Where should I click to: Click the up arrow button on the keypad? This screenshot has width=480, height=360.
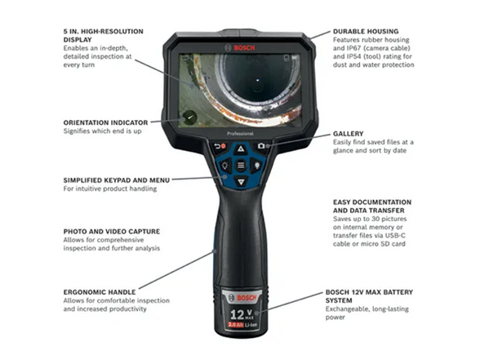[240, 149]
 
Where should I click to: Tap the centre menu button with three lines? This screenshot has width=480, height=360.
[240, 165]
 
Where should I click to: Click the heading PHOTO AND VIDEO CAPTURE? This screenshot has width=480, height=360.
[111, 231]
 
